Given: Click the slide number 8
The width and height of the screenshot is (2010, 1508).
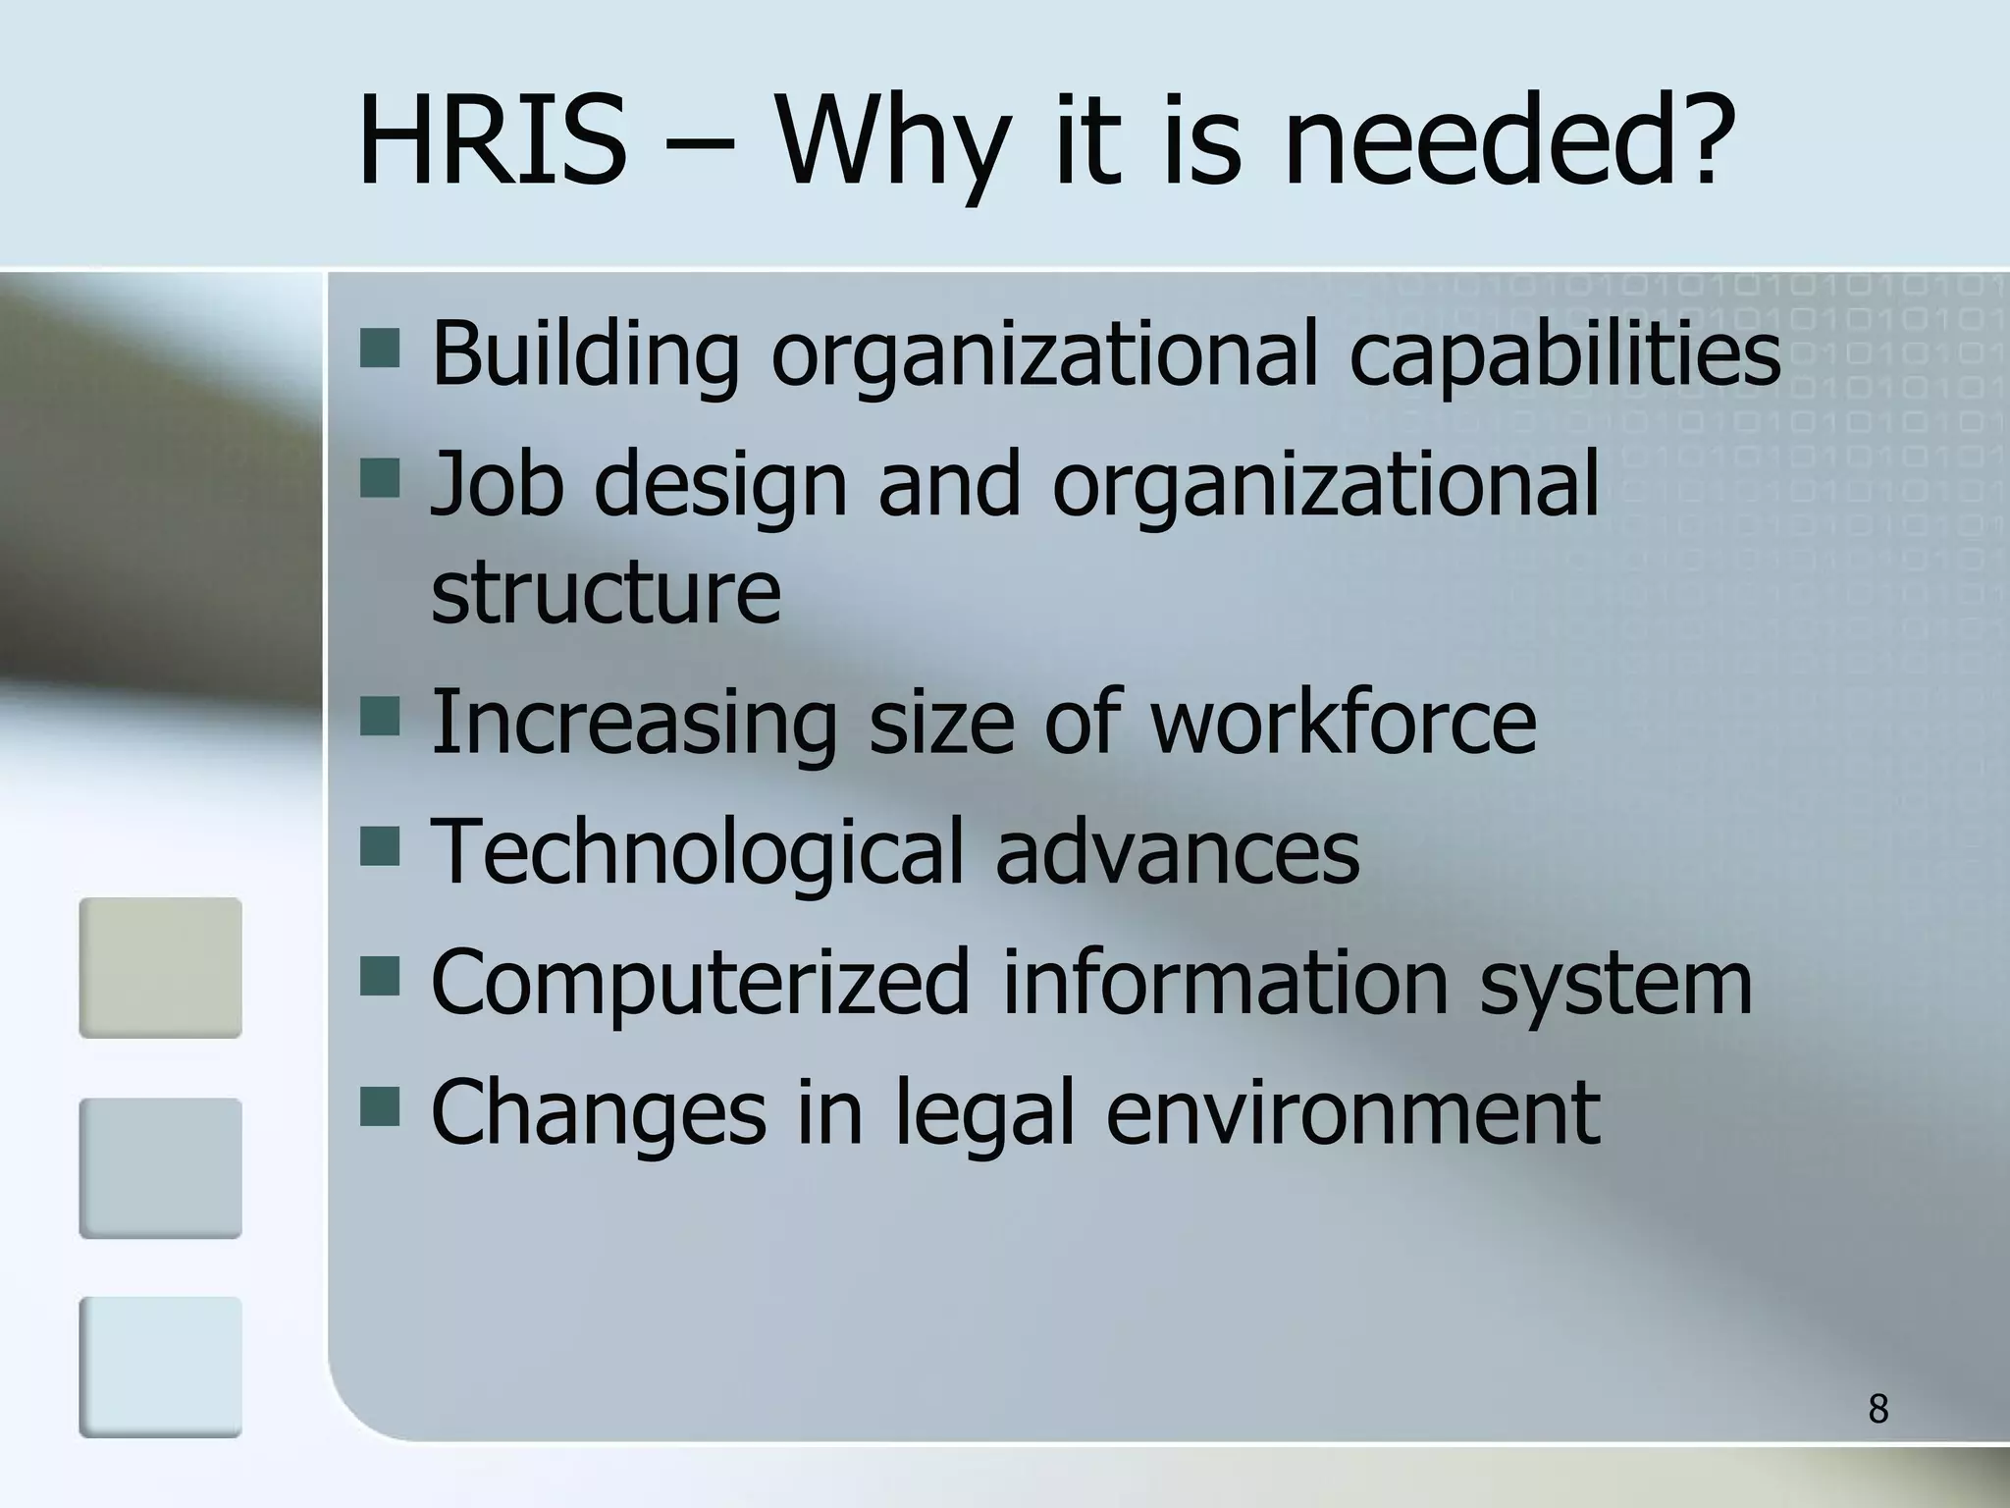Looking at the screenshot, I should (x=1878, y=1409).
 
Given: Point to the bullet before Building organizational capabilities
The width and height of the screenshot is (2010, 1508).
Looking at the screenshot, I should (x=380, y=349).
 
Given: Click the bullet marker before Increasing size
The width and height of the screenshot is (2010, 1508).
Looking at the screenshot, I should (x=380, y=717).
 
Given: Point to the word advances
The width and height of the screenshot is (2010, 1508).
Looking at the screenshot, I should (x=1177, y=852).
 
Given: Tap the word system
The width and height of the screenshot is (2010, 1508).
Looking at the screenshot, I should (x=1615, y=985).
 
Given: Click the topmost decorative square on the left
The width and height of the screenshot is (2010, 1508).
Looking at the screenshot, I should (x=160, y=967).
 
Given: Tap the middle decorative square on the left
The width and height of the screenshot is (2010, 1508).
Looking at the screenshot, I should (x=160, y=1167).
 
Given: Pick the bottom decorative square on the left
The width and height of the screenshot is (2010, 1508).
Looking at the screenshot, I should (x=160, y=1367).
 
